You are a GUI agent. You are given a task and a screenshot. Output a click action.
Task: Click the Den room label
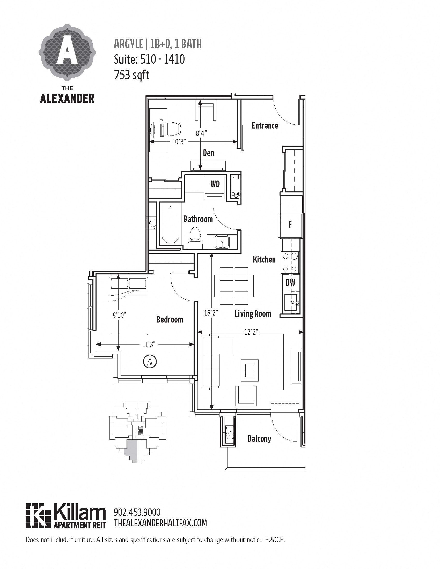click(209, 153)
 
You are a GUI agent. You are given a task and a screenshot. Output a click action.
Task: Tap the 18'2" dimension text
click(211, 313)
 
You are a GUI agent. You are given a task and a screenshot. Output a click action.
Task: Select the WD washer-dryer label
click(215, 184)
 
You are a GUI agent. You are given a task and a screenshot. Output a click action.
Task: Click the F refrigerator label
click(290, 224)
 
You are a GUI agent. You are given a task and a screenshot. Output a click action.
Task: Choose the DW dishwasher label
click(290, 283)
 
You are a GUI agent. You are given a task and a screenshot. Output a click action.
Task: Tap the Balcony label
click(259, 439)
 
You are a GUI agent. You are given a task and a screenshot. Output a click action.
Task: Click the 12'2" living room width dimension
click(251, 332)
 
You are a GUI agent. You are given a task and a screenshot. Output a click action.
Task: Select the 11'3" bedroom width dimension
click(149, 345)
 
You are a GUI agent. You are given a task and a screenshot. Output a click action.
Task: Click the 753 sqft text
click(132, 75)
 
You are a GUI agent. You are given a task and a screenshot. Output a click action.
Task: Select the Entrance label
click(265, 126)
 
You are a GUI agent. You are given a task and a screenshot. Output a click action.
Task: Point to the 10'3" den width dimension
click(179, 142)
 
